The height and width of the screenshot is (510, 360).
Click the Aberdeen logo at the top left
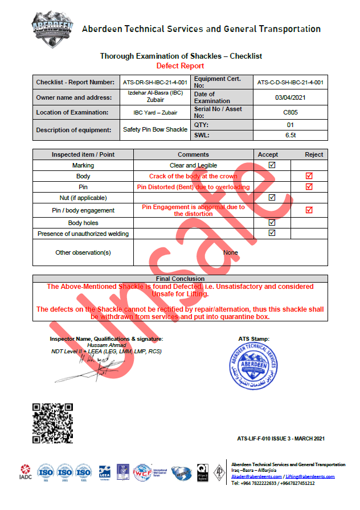pos(52,28)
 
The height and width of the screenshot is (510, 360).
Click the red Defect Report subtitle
pos(181,66)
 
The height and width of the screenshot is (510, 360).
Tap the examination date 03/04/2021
pos(291,97)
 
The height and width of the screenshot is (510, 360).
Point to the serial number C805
pos(291,112)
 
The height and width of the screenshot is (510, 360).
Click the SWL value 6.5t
pos(291,135)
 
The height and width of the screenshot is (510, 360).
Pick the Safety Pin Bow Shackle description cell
pos(156,130)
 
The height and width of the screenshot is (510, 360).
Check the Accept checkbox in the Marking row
pos(272,165)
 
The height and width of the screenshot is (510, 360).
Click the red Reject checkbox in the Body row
pos(309,176)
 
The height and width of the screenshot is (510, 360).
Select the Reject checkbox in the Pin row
pos(309,187)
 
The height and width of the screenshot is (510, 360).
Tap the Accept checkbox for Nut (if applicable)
pos(272,198)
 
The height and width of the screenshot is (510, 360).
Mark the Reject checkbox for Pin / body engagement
pos(309,210)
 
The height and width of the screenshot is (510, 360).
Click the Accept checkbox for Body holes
pos(272,222)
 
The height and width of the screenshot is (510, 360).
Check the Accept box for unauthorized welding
pos(272,233)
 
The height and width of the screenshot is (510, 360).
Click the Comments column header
pos(193,154)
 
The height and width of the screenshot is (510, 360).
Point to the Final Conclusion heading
pos(180,279)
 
